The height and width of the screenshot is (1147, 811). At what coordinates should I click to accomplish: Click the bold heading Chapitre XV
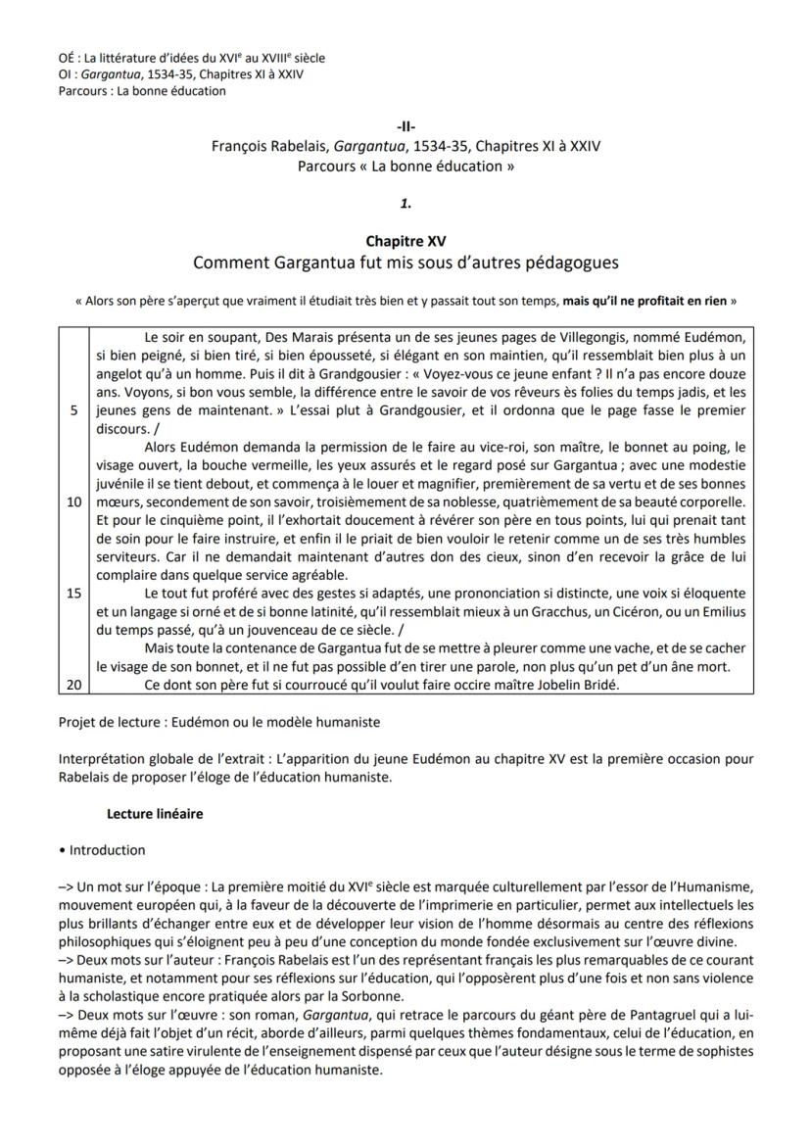coord(405,241)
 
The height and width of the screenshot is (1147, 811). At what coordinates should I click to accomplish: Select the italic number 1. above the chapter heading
coord(405,204)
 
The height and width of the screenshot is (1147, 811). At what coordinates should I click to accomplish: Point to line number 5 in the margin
coord(73,411)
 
